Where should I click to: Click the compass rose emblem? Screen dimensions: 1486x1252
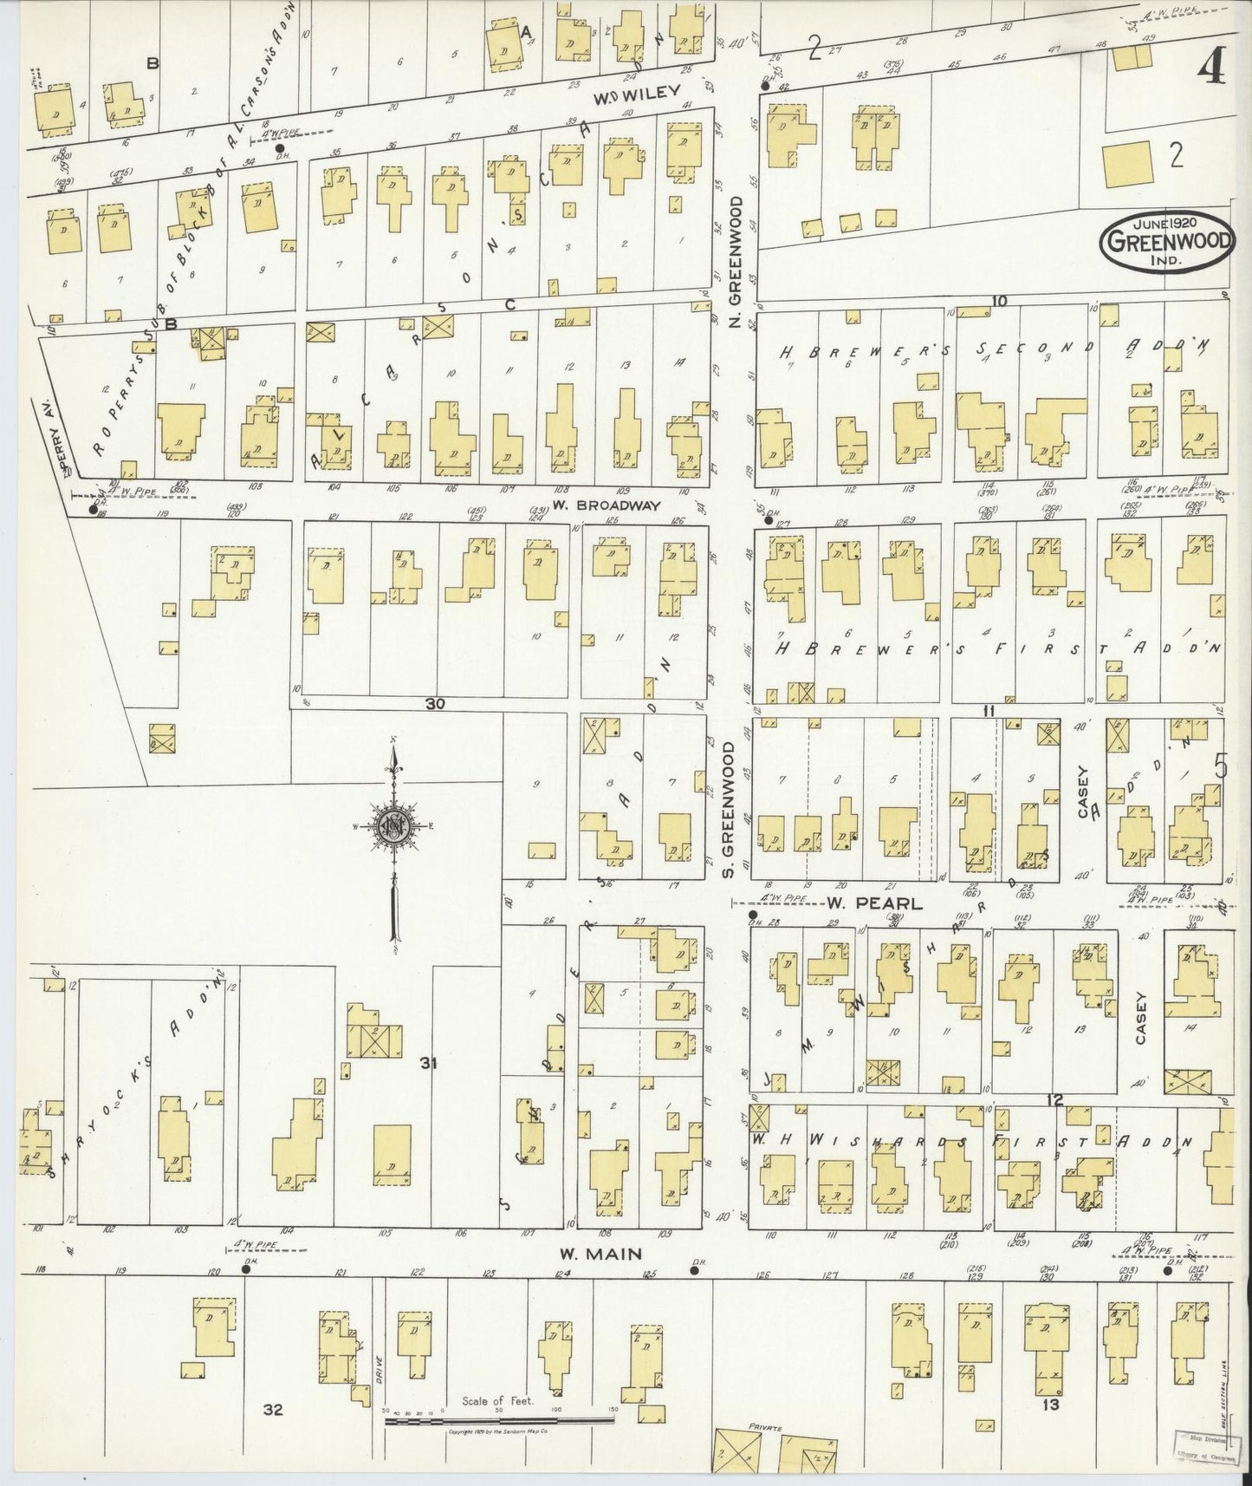[x=394, y=826]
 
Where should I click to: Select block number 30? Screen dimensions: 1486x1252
[x=435, y=705]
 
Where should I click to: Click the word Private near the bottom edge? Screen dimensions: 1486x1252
[x=766, y=1426]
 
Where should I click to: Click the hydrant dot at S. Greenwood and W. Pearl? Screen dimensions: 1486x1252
[x=752, y=914]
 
